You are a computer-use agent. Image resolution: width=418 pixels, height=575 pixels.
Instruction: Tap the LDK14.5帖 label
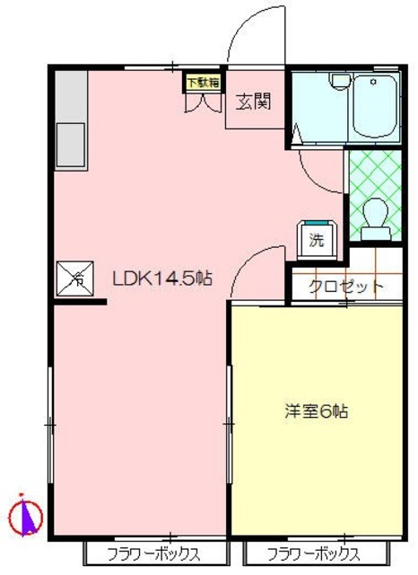pos(161,279)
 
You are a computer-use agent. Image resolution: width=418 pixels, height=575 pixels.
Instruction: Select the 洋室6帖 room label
pos(317,412)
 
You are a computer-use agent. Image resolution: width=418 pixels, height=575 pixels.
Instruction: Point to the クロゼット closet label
pos(346,287)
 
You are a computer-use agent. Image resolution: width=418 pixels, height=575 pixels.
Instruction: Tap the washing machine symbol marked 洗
pos(317,238)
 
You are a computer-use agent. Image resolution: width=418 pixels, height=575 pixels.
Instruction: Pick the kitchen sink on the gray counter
pos(71,144)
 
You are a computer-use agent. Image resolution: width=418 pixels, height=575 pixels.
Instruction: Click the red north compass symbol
pos(25,515)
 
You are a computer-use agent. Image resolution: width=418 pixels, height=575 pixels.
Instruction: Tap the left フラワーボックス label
pos(152,553)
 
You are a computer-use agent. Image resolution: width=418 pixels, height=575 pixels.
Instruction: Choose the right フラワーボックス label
pos(313,553)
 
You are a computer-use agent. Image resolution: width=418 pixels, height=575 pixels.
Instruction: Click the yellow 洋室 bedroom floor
pos(314,467)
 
